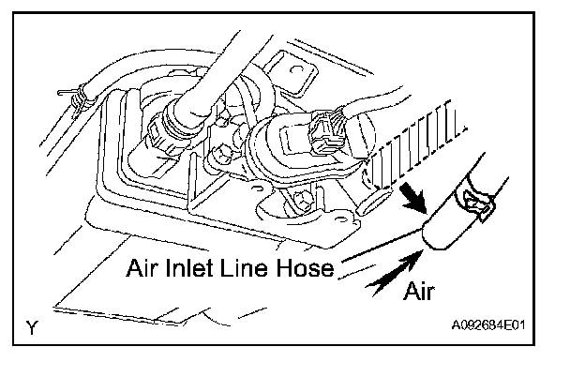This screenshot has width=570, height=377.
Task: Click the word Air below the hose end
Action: tap(422, 292)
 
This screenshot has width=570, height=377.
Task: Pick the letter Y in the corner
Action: tap(33, 327)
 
